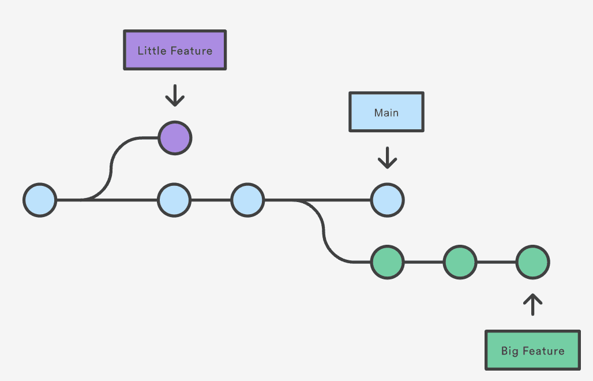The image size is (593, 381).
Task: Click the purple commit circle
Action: [x=175, y=138]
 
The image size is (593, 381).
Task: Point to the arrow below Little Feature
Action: [x=175, y=95]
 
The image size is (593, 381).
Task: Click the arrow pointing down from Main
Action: [x=387, y=157]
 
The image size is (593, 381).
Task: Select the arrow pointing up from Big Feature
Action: [x=532, y=305]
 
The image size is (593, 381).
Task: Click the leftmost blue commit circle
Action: [x=40, y=200]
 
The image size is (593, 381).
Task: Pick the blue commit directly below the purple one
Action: [x=174, y=200]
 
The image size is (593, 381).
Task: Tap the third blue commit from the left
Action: [x=247, y=200]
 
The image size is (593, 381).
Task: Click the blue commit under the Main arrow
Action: [x=387, y=200]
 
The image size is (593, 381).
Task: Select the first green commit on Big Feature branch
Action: [x=387, y=262]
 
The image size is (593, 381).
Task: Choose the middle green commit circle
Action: [x=460, y=262]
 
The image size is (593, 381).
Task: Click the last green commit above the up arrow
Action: [x=532, y=262]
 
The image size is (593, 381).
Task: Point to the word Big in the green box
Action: [x=510, y=351]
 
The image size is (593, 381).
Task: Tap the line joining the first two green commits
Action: [x=423, y=262]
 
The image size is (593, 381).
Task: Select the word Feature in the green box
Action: [x=543, y=350]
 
